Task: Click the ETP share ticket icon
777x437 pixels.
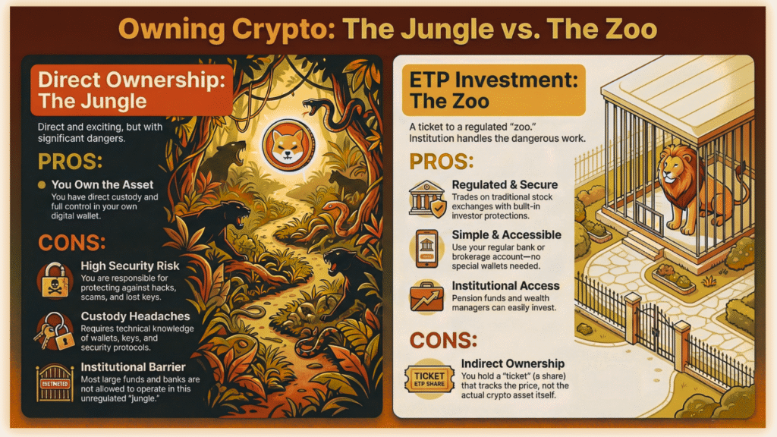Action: pos(429,377)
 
